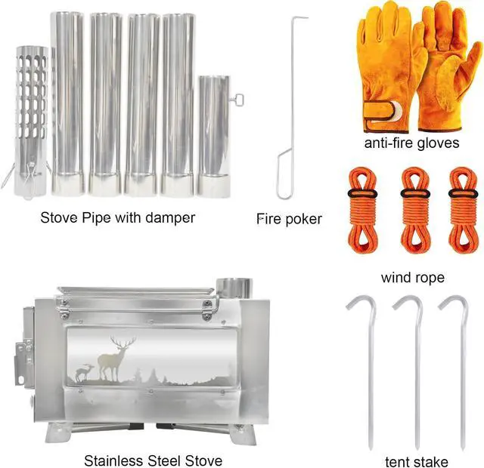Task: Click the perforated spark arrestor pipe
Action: [x=32, y=122]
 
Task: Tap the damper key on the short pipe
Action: [x=237, y=100]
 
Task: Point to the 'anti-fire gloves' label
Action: [x=411, y=143]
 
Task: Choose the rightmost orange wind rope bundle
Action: [x=464, y=210]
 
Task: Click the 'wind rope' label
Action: [x=413, y=278]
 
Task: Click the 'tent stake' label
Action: [x=417, y=462]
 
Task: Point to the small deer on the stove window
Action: [x=84, y=372]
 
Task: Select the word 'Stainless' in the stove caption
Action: [x=115, y=461]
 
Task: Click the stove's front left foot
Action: [x=59, y=433]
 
